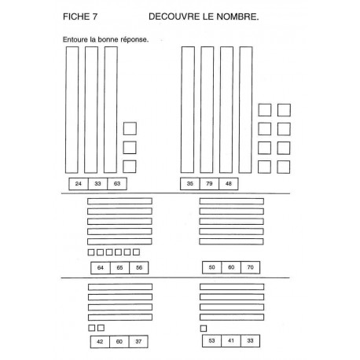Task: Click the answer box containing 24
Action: pyautogui.click(x=79, y=184)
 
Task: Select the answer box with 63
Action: pyautogui.click(x=117, y=184)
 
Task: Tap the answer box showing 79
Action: pyautogui.click(x=209, y=184)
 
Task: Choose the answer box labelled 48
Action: pyautogui.click(x=229, y=184)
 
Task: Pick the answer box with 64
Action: pyautogui.click(x=101, y=268)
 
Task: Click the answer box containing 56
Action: pyautogui.click(x=139, y=268)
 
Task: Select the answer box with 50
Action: pyautogui.click(x=211, y=267)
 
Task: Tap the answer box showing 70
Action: pyautogui.click(x=251, y=267)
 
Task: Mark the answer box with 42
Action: pyautogui.click(x=100, y=342)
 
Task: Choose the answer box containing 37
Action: pyautogui.click(x=138, y=342)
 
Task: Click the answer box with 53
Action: pyautogui.click(x=211, y=341)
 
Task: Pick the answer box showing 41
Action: pyautogui.click(x=231, y=341)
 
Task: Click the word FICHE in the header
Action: pyautogui.click(x=76, y=17)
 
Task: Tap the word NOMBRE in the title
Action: pyautogui.click(x=237, y=17)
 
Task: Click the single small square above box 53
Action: pyautogui.click(x=204, y=329)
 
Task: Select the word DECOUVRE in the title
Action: pyautogui.click(x=174, y=17)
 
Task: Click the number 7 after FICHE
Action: pyautogui.click(x=95, y=17)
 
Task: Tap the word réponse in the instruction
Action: pyautogui.click(x=134, y=39)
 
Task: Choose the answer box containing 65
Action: pyautogui.click(x=119, y=268)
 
